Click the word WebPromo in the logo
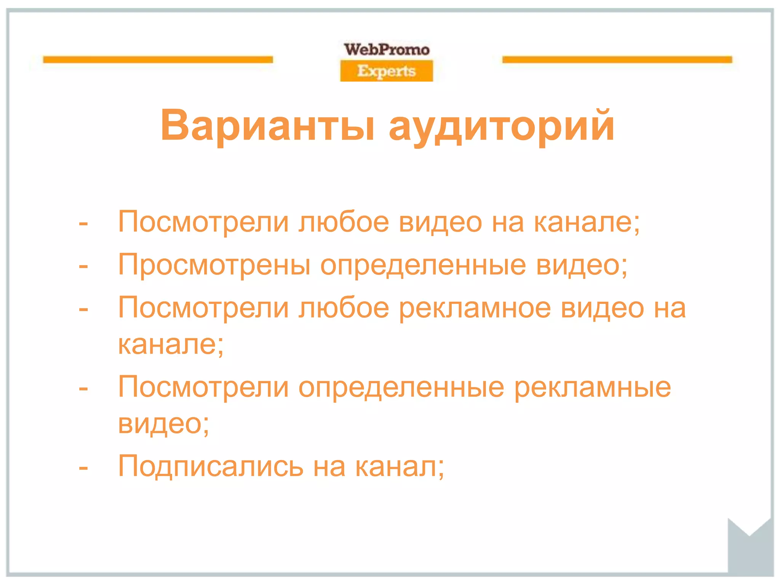pyautogui.click(x=387, y=50)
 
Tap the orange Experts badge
pyautogui.click(x=387, y=71)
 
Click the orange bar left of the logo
pyautogui.click(x=158, y=60)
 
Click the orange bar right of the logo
pyautogui.click(x=617, y=60)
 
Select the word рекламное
pyautogui.click(x=475, y=308)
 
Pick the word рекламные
pyautogui.click(x=592, y=388)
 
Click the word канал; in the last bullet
pyautogui.click(x=400, y=467)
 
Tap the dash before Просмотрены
pyautogui.click(x=83, y=267)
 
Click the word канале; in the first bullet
pyautogui.click(x=587, y=222)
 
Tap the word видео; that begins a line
pyautogui.click(x=163, y=424)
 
